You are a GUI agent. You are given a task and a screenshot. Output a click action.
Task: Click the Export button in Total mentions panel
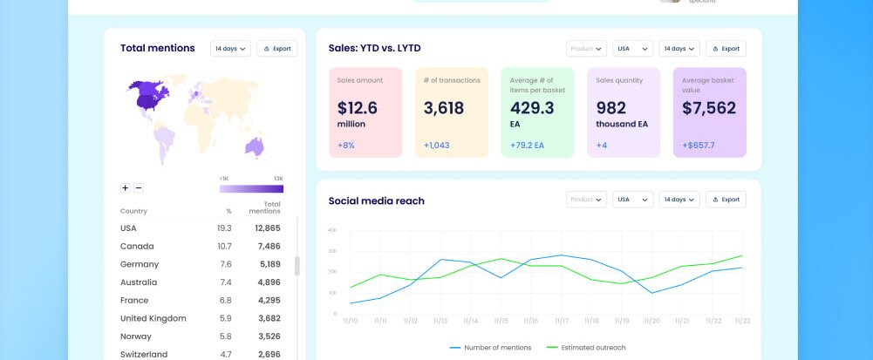(x=277, y=49)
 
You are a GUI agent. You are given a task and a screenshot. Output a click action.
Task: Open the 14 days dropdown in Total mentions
(x=230, y=49)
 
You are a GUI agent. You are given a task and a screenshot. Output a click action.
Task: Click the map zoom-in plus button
(x=126, y=187)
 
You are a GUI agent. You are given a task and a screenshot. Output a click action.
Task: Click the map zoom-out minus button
(x=139, y=187)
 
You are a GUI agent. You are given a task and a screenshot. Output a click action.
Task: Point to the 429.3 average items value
(x=532, y=108)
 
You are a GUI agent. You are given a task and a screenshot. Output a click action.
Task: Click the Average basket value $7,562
(x=709, y=109)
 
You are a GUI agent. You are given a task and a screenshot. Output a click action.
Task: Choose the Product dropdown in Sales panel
(x=586, y=49)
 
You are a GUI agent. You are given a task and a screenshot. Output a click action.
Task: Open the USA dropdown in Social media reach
(x=632, y=200)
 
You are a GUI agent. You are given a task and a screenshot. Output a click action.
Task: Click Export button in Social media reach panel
(x=726, y=200)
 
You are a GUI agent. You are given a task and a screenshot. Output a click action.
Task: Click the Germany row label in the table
(x=140, y=264)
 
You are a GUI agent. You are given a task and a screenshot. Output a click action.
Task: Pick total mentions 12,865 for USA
(x=266, y=228)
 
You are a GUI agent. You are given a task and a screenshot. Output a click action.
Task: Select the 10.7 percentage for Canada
(x=224, y=246)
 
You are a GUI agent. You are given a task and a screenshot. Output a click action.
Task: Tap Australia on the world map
(x=254, y=146)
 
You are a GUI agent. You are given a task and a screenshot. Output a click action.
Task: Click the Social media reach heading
(x=376, y=200)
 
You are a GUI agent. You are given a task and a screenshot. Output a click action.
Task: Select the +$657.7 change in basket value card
(x=699, y=145)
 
